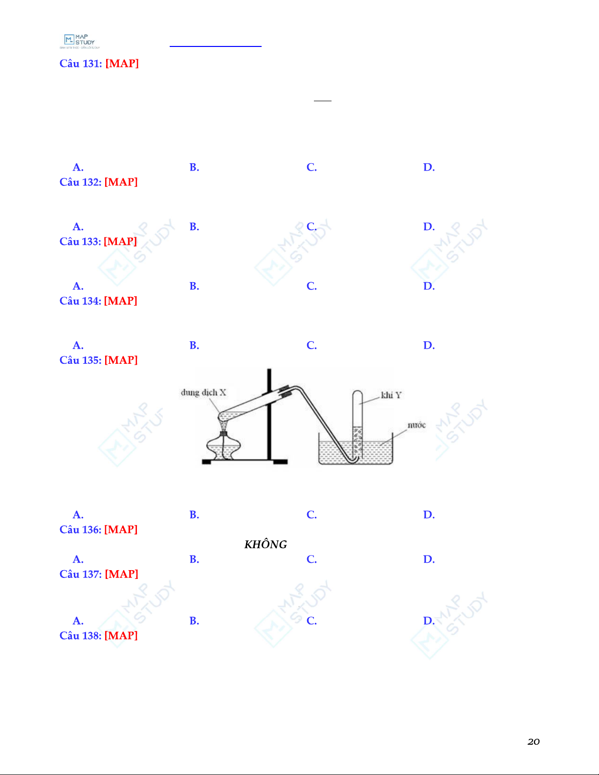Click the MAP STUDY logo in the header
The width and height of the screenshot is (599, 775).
(x=80, y=42)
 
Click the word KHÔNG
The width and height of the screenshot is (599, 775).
(x=266, y=544)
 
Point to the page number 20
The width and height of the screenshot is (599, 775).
(x=533, y=742)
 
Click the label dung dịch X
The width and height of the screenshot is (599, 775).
(x=203, y=393)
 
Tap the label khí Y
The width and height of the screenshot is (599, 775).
(x=391, y=395)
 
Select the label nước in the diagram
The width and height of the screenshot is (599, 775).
(x=417, y=425)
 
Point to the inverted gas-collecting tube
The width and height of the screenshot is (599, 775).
(x=357, y=424)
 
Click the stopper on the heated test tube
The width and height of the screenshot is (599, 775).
(x=286, y=391)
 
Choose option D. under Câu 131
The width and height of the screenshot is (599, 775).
(x=429, y=167)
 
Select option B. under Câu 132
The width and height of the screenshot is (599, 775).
(x=194, y=226)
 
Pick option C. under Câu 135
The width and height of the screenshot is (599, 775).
(x=311, y=515)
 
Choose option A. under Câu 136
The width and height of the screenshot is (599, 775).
(x=78, y=559)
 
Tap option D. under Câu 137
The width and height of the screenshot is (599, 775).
(x=429, y=621)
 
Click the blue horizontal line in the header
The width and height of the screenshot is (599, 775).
(x=215, y=46)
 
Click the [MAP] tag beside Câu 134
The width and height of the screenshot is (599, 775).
(x=120, y=301)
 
